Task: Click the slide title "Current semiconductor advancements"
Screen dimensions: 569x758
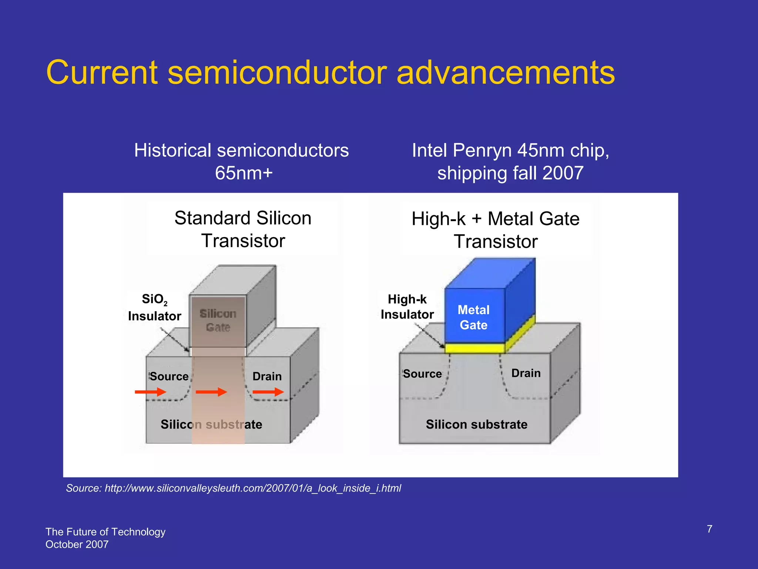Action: click(x=330, y=73)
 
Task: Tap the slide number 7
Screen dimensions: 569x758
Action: click(x=709, y=529)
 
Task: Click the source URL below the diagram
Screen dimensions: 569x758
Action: click(x=233, y=488)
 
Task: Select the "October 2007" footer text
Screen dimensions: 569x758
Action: click(x=77, y=545)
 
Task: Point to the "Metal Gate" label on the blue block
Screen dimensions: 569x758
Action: click(x=473, y=317)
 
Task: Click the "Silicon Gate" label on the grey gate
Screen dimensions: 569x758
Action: click(x=218, y=320)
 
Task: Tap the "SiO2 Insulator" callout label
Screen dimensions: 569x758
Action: click(x=154, y=307)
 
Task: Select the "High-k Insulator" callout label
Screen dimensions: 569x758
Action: click(x=407, y=307)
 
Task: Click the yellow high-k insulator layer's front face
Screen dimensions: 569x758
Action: click(x=474, y=348)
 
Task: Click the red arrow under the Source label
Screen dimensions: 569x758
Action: click(x=150, y=392)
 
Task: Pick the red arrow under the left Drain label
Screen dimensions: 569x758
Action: click(x=268, y=392)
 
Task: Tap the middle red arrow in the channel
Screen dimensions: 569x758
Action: click(x=211, y=392)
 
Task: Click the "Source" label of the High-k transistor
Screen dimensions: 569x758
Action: click(x=422, y=374)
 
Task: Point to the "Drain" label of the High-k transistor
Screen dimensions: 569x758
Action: click(x=526, y=373)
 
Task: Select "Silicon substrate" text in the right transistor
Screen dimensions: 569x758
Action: click(x=477, y=424)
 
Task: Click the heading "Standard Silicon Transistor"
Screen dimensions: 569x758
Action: click(x=243, y=229)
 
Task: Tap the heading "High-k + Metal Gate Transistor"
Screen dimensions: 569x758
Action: click(x=496, y=230)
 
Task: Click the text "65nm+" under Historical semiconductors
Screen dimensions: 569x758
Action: click(x=244, y=173)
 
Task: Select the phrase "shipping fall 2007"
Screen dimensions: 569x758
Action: click(x=510, y=173)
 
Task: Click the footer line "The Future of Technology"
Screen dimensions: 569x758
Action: click(x=105, y=532)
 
